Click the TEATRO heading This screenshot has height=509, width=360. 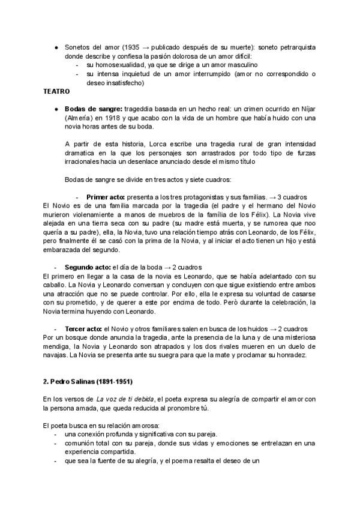[56, 92]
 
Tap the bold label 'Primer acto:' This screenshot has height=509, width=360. [106, 197]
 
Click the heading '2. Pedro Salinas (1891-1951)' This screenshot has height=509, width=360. [88, 382]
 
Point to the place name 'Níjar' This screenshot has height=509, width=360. [307, 109]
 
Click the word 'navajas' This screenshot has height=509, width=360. [55, 355]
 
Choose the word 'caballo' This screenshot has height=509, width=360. [55, 285]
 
